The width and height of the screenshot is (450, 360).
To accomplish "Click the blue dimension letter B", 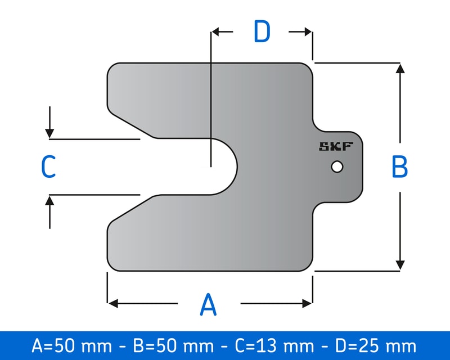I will point(399,167).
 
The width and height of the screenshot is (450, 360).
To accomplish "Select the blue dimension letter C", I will point(48,167).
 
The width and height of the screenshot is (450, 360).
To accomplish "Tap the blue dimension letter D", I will point(262,32).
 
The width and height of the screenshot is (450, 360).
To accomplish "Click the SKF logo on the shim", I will point(336,147).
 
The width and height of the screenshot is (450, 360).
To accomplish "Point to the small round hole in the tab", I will point(337,167).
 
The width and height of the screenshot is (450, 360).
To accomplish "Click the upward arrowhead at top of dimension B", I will point(400,69).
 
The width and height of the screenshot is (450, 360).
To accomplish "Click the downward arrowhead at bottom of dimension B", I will point(400,265).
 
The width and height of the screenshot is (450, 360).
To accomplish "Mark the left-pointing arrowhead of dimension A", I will point(113,304).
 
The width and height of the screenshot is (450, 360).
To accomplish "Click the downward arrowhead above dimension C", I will point(50,133).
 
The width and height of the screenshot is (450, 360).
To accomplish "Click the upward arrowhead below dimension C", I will point(50,200).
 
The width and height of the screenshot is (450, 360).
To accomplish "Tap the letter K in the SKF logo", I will point(336,147).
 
